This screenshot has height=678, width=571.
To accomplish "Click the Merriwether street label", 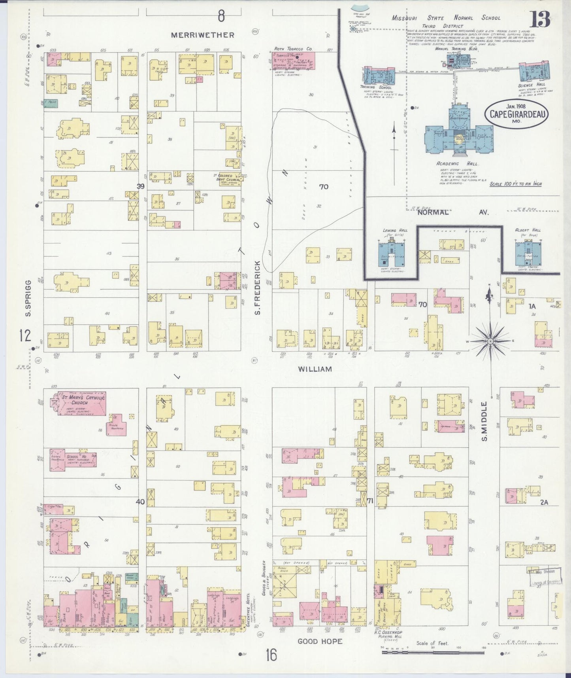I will coord(202,35).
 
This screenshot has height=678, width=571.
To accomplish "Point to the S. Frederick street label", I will coord(258,288).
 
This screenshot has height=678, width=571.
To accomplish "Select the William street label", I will coord(315,369).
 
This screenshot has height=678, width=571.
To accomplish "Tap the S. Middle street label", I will coord(485,421).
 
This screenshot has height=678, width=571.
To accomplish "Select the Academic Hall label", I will coord(458,164).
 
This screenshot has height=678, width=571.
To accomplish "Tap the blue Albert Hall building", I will coord(528,253).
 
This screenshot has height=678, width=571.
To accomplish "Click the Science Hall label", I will coord(531,85).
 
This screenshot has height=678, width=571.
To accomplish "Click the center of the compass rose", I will coord(490,341).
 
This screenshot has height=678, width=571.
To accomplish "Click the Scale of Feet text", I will coord(432,643).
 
